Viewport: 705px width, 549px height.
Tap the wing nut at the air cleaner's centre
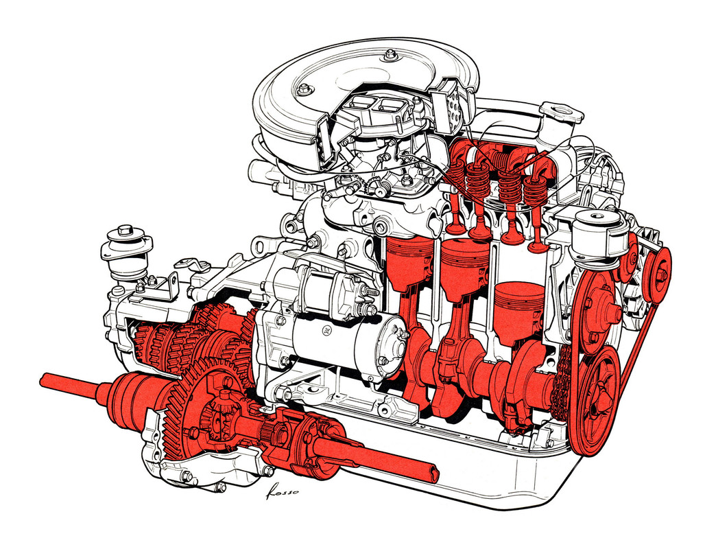coord(390,54)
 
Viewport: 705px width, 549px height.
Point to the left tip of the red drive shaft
coord(45,379)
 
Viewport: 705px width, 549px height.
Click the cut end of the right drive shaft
coord(432,474)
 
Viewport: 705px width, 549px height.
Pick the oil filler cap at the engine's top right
coord(561,111)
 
